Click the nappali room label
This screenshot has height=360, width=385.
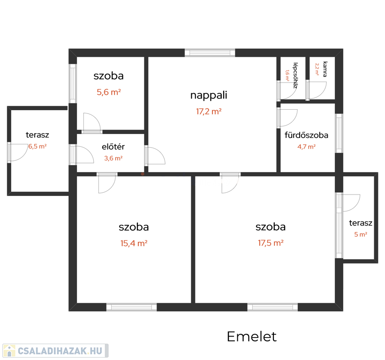[209, 95]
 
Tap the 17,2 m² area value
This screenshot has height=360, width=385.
[209, 112]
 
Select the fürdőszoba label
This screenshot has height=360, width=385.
[306, 135]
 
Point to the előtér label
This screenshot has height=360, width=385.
[113, 147]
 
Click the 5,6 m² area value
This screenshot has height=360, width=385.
[109, 92]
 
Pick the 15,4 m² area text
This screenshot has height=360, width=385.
[134, 243]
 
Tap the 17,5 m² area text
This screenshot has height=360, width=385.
[271, 243]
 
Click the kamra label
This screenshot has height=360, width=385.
[325, 69]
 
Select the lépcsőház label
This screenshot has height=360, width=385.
[295, 75]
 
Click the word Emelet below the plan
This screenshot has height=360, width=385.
[252, 337]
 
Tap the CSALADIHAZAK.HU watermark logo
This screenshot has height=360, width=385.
[55, 351]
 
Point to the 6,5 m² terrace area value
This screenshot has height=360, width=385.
[38, 147]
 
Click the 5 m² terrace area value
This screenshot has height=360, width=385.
[361, 234]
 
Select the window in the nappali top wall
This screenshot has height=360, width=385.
[210, 53]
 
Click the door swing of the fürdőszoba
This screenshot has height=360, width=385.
[287, 118]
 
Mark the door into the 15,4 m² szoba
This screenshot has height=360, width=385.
[107, 183]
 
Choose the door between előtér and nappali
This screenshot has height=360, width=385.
[155, 155]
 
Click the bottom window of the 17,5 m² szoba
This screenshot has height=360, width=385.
[272, 307]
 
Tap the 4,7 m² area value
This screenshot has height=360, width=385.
[306, 147]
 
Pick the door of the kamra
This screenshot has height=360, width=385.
[316, 90]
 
